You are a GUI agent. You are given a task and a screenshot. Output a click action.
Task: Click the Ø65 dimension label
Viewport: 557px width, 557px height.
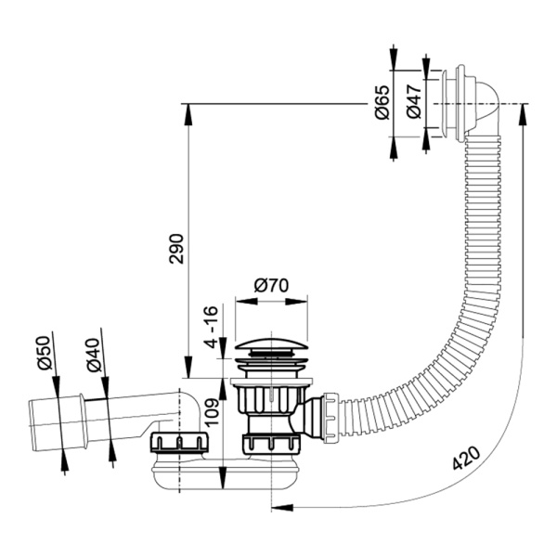point(382,103)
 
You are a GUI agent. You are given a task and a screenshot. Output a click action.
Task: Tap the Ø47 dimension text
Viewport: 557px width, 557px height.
point(414,101)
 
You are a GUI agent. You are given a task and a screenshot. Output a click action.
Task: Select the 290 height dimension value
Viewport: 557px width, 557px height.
point(176,249)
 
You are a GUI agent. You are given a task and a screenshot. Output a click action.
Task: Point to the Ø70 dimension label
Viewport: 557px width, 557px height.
point(271,285)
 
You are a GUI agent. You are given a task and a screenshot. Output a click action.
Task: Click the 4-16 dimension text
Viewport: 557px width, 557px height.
point(211,327)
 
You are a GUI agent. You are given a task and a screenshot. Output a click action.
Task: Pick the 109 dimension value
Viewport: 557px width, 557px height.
point(212,413)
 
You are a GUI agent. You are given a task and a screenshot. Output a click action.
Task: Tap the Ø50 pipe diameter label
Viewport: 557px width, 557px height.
point(45,353)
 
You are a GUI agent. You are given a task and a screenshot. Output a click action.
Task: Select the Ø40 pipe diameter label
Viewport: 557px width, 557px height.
point(94,355)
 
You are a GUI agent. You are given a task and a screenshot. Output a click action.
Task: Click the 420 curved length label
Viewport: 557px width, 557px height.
point(466,458)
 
